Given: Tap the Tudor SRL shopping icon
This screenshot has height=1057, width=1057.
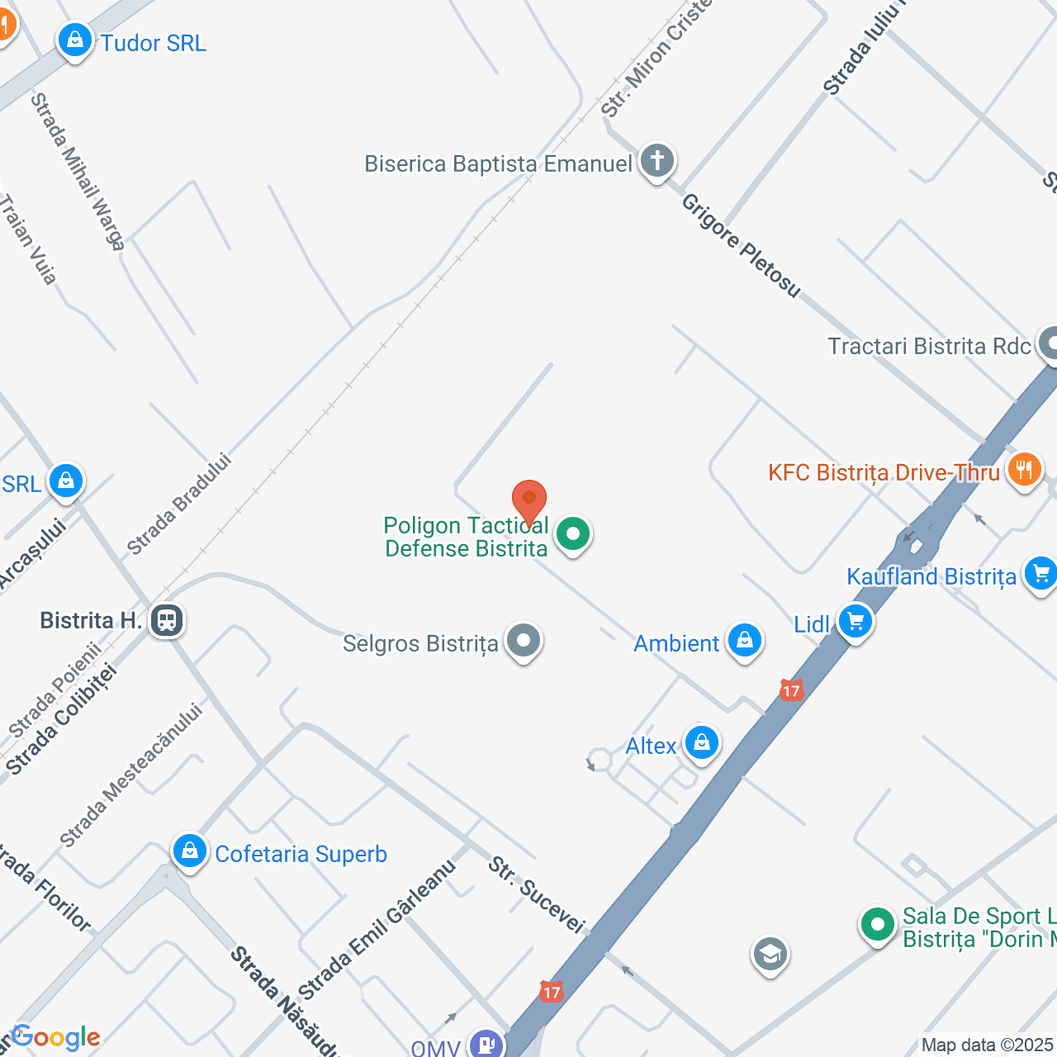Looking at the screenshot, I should tap(75, 40).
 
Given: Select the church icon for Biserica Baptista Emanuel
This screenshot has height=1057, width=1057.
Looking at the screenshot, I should tap(657, 162).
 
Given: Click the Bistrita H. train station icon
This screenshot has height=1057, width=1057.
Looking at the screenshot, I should tap(168, 620).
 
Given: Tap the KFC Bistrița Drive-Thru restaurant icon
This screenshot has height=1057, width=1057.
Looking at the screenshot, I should tap(1025, 471).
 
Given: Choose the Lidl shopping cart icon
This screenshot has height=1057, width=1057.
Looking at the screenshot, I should tap(856, 622).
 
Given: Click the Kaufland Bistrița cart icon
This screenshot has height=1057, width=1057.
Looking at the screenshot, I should tap(1040, 574).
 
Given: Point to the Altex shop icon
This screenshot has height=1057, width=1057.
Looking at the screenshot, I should tap(702, 743).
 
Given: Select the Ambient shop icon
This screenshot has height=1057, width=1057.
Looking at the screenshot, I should tap(745, 642).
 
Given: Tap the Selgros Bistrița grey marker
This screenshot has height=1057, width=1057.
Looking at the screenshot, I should tap(524, 642).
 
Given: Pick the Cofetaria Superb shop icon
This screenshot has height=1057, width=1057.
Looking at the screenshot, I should tap(190, 851).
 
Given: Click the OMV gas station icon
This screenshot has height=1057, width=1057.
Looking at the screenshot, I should tap(486, 1044).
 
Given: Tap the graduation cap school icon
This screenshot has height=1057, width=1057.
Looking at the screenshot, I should tap(770, 955).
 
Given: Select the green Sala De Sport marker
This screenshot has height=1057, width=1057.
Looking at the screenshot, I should tap(877, 926).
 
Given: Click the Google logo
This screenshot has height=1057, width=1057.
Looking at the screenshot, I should tap(55, 1037).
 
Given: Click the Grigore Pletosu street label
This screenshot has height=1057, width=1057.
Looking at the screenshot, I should tap(741, 245).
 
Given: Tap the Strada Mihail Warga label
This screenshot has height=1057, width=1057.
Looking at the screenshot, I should tap(78, 171).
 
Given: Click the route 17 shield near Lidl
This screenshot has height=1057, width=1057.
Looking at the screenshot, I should tap(791, 690).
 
